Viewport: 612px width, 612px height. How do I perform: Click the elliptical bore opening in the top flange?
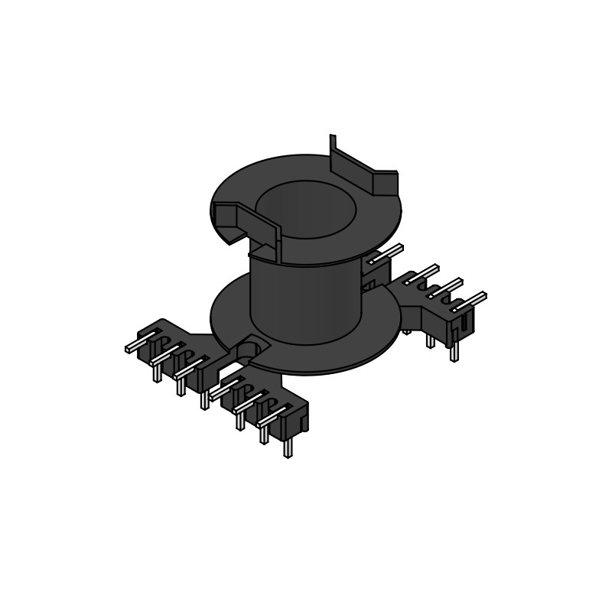(x=306, y=208)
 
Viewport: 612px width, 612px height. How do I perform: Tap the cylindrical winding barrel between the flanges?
(x=306, y=302)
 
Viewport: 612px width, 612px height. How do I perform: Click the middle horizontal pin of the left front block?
(x=165, y=354)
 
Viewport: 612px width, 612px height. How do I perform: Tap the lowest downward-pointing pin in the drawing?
(x=288, y=448)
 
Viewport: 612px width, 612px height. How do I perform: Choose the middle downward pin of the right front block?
(x=264, y=433)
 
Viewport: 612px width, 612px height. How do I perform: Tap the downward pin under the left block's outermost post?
(x=157, y=373)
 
